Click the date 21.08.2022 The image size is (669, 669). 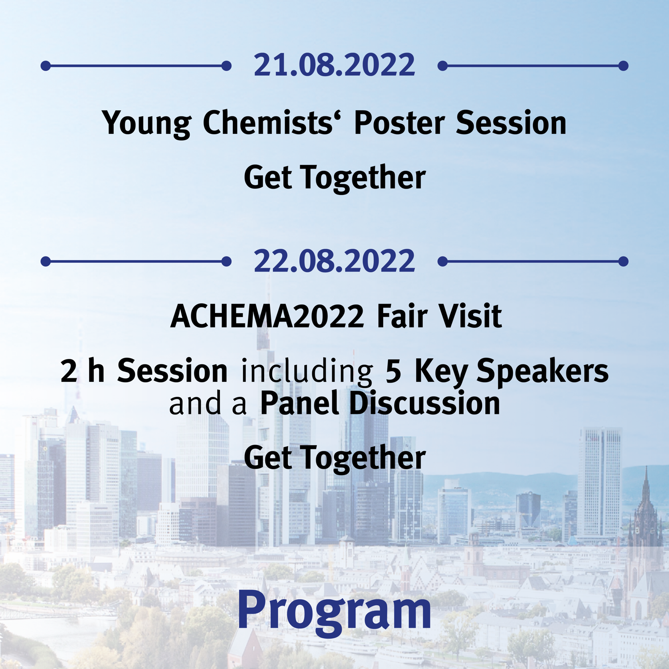point(334,65)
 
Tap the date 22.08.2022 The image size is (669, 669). point(334,261)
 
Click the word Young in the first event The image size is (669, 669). point(147,124)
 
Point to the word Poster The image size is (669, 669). point(400,123)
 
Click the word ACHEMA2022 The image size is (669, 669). point(267,316)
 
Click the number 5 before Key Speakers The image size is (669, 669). point(393,371)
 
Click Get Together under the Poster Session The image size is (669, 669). point(334,178)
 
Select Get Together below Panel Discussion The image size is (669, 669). point(334,458)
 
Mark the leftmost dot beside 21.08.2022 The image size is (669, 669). point(45,66)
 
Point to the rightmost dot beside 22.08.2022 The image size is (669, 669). point(624,261)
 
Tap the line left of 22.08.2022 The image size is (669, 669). point(136,261)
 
